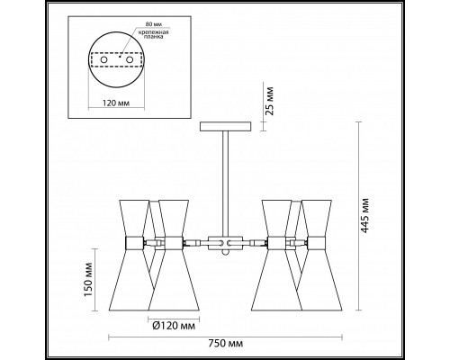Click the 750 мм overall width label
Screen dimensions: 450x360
225,343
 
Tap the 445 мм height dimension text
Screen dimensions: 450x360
364,215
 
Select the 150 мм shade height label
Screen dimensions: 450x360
88,280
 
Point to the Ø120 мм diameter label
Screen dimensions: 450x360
174,326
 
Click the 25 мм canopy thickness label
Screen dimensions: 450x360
270,101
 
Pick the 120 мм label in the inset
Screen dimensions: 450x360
116,103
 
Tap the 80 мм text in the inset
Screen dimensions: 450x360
152,24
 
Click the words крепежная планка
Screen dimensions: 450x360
153,35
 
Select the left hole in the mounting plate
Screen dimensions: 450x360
103,59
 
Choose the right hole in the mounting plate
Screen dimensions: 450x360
130,59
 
